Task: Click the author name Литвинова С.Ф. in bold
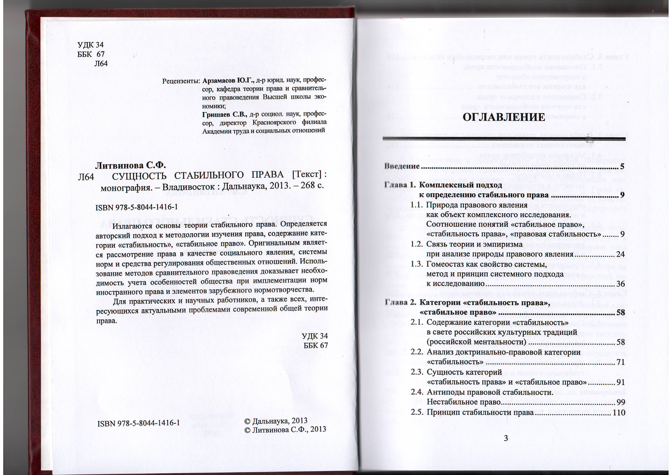(130, 165)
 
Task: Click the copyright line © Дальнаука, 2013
(276, 421)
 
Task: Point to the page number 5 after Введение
(622, 166)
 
